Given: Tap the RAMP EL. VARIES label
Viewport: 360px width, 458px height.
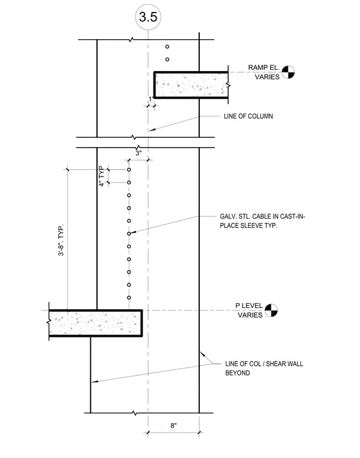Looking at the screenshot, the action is coord(264,72).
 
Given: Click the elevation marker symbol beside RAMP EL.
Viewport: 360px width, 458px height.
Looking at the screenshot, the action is coord(288,72).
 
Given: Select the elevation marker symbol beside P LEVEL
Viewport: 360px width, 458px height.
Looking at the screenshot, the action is coord(271,310).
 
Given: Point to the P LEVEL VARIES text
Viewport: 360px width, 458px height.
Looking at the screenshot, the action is coord(249,310).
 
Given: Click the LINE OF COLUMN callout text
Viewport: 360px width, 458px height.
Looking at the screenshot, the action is coord(248,116).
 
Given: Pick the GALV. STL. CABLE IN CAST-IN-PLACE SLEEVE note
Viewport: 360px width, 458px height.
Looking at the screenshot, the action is coord(262,221).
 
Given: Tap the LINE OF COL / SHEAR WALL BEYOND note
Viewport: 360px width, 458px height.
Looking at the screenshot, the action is coord(264,368).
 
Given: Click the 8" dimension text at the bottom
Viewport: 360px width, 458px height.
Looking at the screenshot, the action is coord(173,425).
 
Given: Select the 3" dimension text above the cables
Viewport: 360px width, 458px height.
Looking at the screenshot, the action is coord(138,153).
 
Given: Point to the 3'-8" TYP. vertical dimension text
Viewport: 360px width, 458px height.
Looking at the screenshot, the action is coord(61,240).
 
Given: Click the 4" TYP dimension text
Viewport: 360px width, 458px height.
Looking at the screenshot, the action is coord(101,176).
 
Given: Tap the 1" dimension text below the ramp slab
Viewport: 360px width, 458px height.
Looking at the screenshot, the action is coord(151,99).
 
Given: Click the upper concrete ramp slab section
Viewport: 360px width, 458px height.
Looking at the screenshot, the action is coord(191,85).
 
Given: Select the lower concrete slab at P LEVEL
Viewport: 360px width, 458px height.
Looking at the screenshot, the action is coord(95,323).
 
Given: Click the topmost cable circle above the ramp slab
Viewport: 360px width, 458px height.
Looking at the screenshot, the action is coord(167,47).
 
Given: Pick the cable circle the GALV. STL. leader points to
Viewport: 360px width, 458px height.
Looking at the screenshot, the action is coord(129,234).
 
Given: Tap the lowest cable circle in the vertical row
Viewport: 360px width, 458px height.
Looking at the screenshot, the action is coord(129,298).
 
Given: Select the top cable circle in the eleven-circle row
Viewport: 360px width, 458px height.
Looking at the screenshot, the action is coord(129,170).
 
